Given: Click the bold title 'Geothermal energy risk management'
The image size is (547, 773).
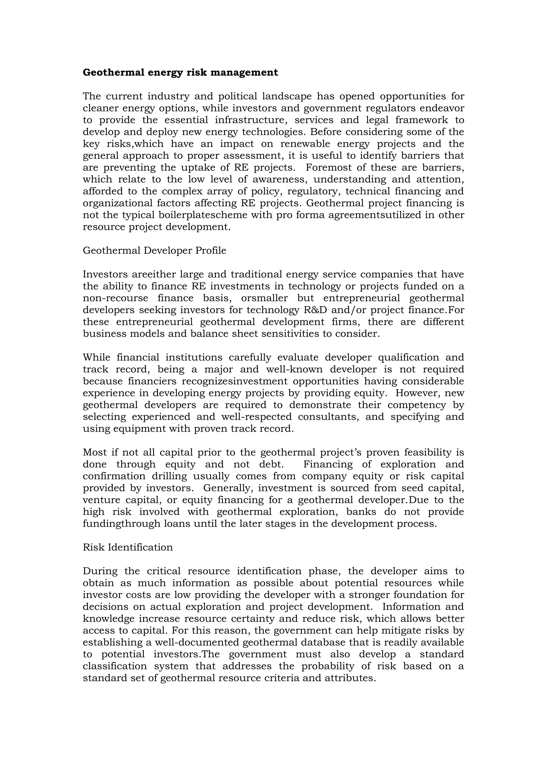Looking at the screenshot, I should tap(180, 72).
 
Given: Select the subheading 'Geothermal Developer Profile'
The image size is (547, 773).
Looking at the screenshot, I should tap(154, 251).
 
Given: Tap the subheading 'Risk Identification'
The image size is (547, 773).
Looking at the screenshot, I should tap(128, 547).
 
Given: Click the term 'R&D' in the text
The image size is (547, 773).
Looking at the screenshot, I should tap(317, 310).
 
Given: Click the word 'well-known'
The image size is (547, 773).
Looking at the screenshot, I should tap(294, 369).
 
